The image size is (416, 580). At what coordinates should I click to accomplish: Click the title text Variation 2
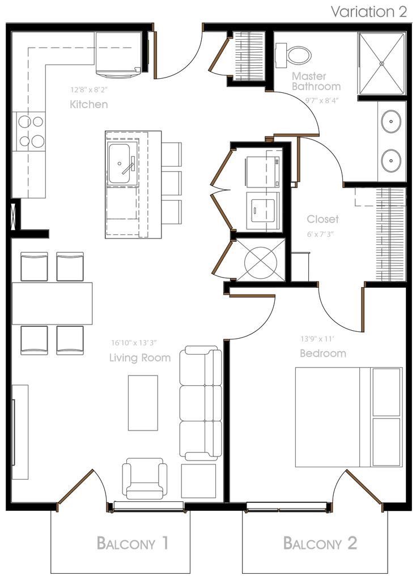[x=368, y=12]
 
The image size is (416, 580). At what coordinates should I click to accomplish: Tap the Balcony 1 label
[x=133, y=543]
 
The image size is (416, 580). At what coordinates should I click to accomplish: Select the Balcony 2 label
[x=320, y=543]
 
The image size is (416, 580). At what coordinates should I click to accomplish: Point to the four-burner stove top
[x=30, y=131]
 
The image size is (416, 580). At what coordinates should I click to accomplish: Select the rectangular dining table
[x=53, y=303]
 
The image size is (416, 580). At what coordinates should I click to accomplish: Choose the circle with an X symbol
[x=260, y=261]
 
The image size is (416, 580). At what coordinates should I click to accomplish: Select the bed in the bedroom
[x=328, y=417]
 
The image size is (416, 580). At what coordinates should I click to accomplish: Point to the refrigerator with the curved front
[x=117, y=55]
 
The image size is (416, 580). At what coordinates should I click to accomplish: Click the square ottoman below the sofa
[x=198, y=481]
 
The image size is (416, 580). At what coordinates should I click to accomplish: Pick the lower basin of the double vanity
[x=391, y=160]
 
